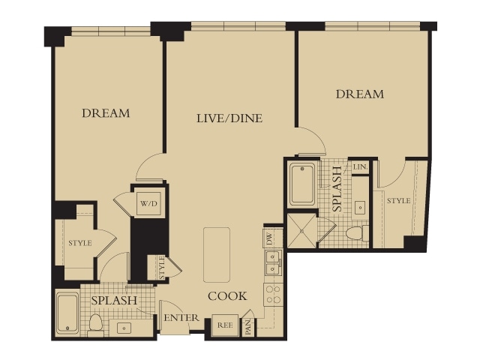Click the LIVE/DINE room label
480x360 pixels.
(229, 118)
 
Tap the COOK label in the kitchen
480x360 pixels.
(227, 296)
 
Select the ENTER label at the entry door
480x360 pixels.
(181, 318)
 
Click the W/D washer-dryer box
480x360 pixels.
(148, 203)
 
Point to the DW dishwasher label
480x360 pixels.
(269, 238)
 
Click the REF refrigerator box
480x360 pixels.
(225, 325)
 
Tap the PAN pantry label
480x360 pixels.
(248, 326)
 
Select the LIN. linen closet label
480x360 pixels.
(360, 167)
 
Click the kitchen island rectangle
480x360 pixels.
(217, 255)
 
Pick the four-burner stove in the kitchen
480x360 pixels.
(273, 295)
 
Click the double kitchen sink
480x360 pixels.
(273, 262)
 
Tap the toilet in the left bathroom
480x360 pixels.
(95, 325)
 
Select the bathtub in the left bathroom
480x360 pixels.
(67, 313)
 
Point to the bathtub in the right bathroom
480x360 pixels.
(302, 185)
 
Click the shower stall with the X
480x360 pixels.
(301, 231)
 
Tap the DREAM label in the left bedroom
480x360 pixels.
(106, 113)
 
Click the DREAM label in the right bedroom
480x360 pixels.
(360, 94)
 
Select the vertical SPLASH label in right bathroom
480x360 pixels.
(337, 189)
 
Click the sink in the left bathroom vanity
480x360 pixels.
(124, 328)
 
